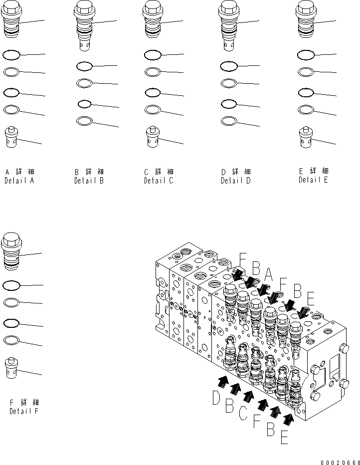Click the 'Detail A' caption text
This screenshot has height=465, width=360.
click(x=19, y=181)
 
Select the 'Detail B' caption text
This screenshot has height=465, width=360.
click(x=89, y=181)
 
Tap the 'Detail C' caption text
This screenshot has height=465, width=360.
click(x=159, y=181)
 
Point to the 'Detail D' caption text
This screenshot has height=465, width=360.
click(x=235, y=181)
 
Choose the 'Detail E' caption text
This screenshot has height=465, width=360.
click(x=313, y=180)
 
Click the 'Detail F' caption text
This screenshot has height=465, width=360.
click(x=24, y=411)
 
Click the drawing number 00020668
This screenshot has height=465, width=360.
click(x=340, y=461)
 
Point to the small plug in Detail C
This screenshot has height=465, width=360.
click(x=153, y=137)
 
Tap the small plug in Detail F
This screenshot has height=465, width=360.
click(x=11, y=368)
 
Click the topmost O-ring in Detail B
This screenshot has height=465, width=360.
click(x=84, y=66)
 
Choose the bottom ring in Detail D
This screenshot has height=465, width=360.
click(x=228, y=120)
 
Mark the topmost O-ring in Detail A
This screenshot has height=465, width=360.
click(x=11, y=53)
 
